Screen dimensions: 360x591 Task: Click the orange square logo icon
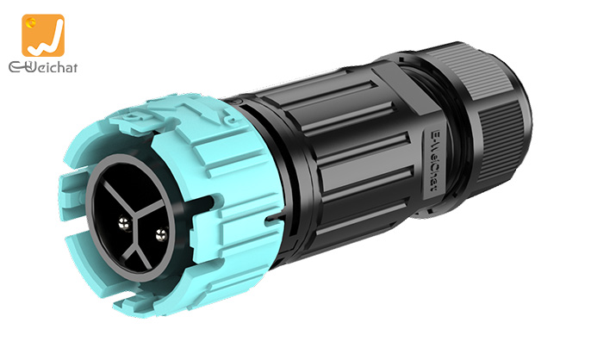coord(44,35)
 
